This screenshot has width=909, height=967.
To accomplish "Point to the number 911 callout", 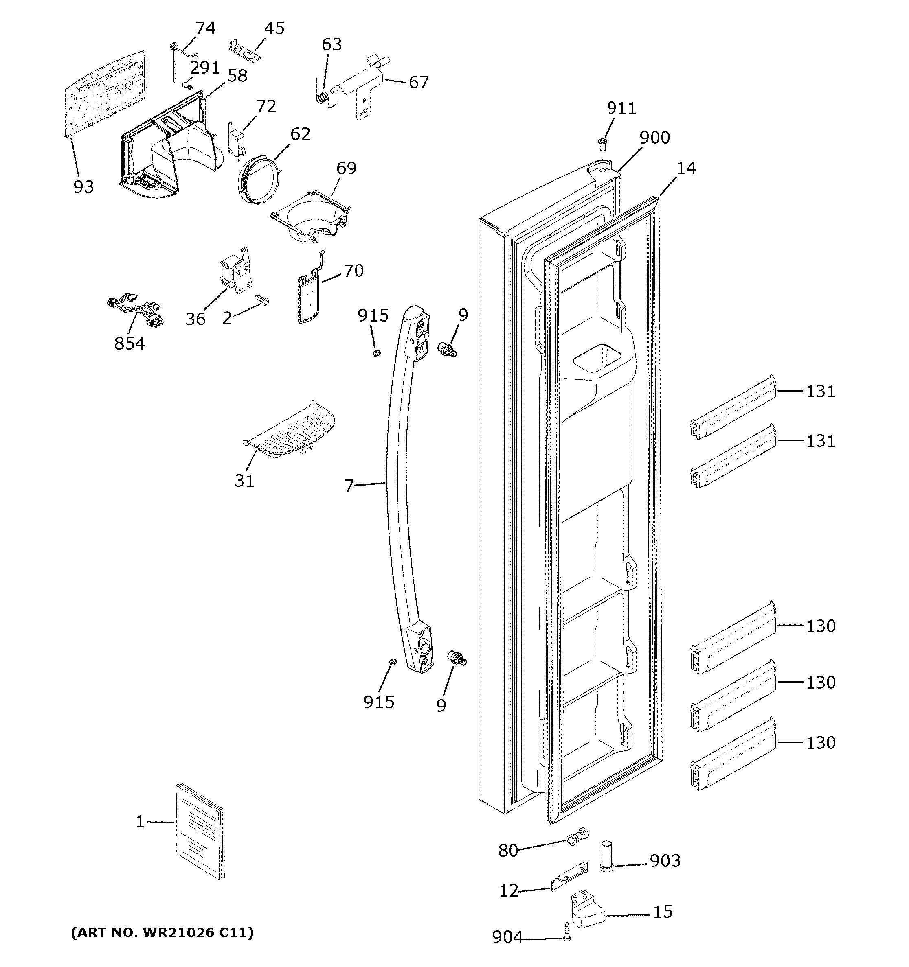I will click(x=621, y=108).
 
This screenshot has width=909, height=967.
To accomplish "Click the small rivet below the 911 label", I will click(x=602, y=144).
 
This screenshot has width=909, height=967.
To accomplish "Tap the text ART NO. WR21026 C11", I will click(x=162, y=932).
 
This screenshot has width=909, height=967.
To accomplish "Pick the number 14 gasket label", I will click(x=686, y=168).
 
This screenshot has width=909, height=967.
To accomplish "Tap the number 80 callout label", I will click(x=508, y=851).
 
